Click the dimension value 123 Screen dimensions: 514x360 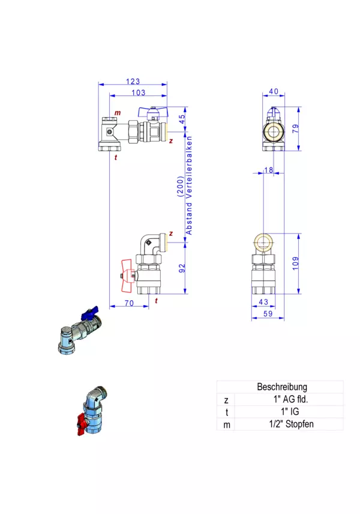point(133,81)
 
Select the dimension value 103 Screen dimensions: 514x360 point(138,92)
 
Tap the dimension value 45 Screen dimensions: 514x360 point(182,118)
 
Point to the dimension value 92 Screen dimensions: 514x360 point(182,268)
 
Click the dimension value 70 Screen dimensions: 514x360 point(129,303)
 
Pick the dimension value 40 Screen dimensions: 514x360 point(274,92)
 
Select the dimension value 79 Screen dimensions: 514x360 point(295,128)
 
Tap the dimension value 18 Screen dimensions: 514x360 point(268,171)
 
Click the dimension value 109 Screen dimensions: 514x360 point(295,263)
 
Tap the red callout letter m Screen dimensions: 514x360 point(118,113)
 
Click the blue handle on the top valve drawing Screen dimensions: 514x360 point(152,111)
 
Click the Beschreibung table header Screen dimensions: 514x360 point(282,387)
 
